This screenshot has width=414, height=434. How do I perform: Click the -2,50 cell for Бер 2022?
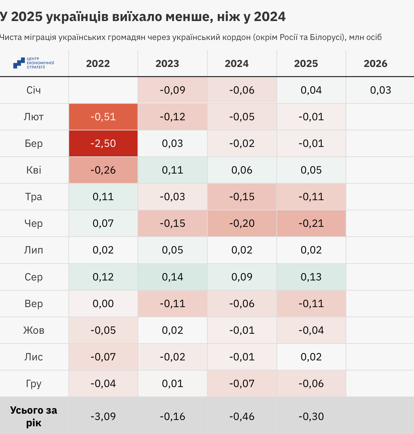(x=103, y=143)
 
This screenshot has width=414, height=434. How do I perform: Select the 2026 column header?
(x=375, y=63)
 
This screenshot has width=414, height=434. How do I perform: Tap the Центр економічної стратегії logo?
(x=34, y=63)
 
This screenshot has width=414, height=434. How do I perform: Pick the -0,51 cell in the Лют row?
(x=103, y=117)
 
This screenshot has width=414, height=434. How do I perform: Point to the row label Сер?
(x=34, y=277)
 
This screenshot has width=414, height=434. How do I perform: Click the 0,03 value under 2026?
(x=380, y=90)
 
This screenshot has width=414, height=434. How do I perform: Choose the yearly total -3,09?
(x=103, y=416)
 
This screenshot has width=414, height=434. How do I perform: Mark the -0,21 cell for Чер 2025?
(x=311, y=223)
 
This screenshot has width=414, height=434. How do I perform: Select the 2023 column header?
(x=167, y=63)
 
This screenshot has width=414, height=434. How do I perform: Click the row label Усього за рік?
(x=34, y=416)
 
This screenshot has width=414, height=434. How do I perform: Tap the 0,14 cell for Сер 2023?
(x=172, y=277)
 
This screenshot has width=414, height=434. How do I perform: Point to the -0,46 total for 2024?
(x=242, y=416)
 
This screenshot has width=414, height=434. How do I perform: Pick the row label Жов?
(x=34, y=330)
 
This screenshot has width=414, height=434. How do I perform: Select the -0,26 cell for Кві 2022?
(x=103, y=170)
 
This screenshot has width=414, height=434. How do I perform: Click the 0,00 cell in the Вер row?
(x=103, y=304)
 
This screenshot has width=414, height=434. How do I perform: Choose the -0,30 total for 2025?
(x=311, y=416)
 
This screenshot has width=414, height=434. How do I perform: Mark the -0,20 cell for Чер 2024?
(x=242, y=223)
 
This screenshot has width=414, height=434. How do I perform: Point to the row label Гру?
(x=34, y=384)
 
